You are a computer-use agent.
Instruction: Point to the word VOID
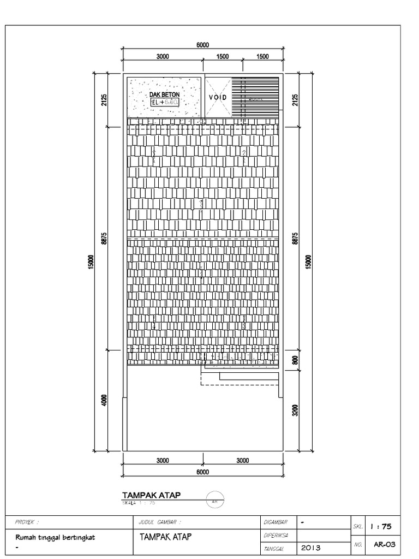coord(217,97)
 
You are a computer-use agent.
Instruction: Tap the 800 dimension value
coord(295,360)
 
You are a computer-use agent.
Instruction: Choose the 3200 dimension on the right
coord(295,410)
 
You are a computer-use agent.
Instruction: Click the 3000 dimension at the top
coord(163,56)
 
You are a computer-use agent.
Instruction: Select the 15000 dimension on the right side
coord(308,262)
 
